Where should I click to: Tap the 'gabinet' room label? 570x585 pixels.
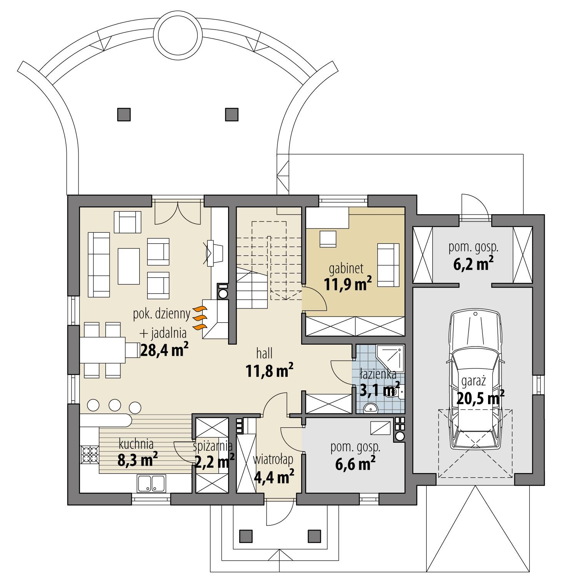point(346,268)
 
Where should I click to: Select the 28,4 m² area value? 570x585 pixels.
point(164,350)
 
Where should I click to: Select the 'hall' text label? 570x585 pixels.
point(266,353)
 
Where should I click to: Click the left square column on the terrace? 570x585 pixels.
point(124,114)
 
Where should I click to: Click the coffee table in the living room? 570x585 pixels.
point(129,265)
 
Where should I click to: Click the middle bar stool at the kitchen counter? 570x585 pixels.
point(115,405)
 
